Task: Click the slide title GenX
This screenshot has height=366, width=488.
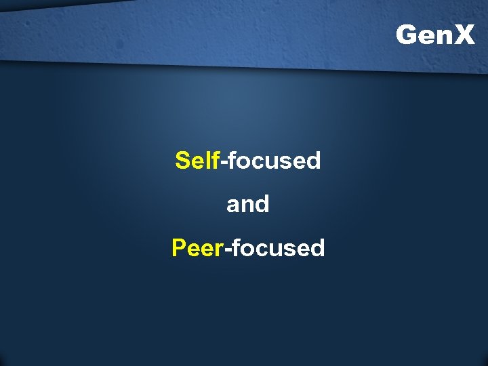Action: coord(434,35)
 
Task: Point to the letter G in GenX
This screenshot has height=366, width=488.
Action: coord(407,35)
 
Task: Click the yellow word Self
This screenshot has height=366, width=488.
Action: coord(197,161)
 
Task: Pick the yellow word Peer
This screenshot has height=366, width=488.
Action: coord(197,248)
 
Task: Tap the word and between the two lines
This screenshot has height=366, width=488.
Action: coord(247,204)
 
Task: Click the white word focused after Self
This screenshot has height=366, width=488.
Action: coord(274,161)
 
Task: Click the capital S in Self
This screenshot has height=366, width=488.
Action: coord(182,161)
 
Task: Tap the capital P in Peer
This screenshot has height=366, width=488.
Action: coord(179,248)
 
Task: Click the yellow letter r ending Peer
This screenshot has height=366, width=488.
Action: coord(218,250)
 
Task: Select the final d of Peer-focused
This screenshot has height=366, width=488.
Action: coord(317,248)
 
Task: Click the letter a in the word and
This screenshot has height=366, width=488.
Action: coord(233,205)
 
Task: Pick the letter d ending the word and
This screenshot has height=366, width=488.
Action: coord(262,203)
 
